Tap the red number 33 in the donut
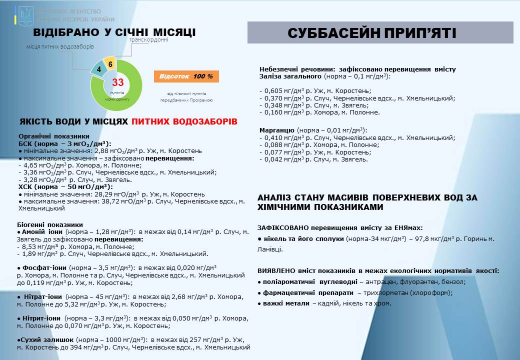(118, 82)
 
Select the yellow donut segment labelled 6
(110, 64)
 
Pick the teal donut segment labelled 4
(99, 69)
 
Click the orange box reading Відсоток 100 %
(186, 76)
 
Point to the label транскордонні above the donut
(148, 40)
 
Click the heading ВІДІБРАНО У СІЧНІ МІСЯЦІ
(114, 32)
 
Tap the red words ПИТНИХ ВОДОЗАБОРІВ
(184, 121)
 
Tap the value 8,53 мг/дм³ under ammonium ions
(40, 246)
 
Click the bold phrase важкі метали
(286, 303)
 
